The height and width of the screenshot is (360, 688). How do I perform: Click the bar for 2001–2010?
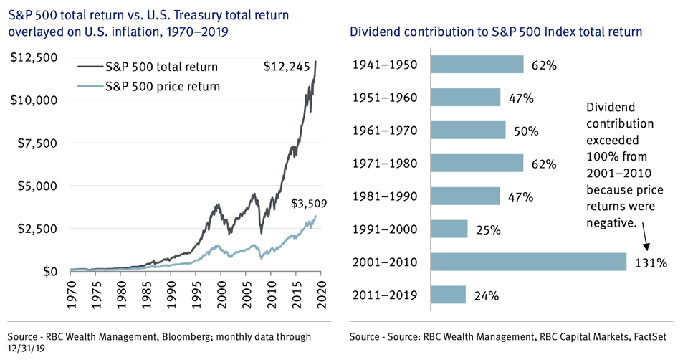click(528, 262)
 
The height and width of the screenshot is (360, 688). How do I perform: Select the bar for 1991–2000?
click(449, 229)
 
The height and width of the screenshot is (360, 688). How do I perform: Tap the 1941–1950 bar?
click(477, 65)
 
